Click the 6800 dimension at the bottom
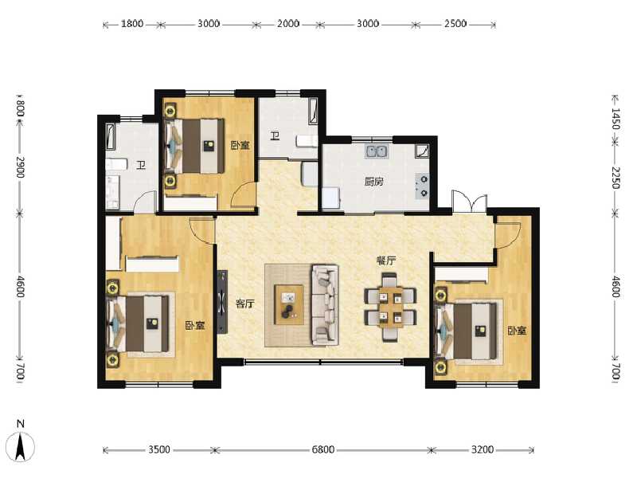pos(322,450)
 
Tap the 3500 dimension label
pos(159,450)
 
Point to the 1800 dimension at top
pos(132,24)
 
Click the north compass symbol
pos(22,442)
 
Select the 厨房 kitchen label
pos(374,182)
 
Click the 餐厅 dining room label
pos(387,261)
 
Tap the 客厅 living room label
pos(245,304)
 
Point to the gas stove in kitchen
pos(423,185)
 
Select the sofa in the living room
pos(325,304)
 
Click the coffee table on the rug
pos(290,304)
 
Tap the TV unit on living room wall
pos(222,304)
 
